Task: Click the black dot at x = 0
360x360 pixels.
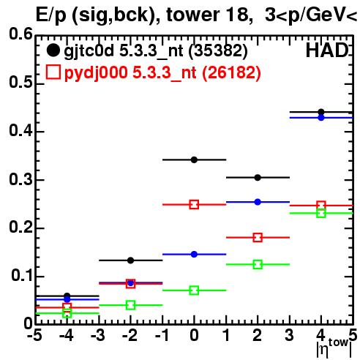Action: click(194, 160)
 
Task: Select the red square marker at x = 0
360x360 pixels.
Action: click(194, 204)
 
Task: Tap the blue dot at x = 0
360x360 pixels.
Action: click(194, 255)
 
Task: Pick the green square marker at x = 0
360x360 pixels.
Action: click(194, 290)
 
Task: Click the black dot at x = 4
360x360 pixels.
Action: click(321, 112)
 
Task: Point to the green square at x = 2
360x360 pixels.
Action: click(258, 264)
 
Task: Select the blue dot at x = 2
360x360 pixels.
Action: click(258, 202)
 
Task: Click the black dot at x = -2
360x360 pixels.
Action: click(131, 260)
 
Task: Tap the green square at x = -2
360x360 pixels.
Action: click(131, 305)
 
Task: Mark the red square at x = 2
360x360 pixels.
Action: click(258, 237)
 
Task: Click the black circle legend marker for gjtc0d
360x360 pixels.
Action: click(53, 50)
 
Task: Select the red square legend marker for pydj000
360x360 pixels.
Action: click(53, 72)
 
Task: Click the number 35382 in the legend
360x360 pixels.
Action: click(218, 50)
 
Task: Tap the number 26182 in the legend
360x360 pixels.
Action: click(231, 72)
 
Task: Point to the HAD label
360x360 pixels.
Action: click(327, 50)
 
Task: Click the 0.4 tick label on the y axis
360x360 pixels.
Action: click(20, 131)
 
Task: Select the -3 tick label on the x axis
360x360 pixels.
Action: click(98, 336)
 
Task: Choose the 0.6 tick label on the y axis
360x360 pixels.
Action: click(20, 34)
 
